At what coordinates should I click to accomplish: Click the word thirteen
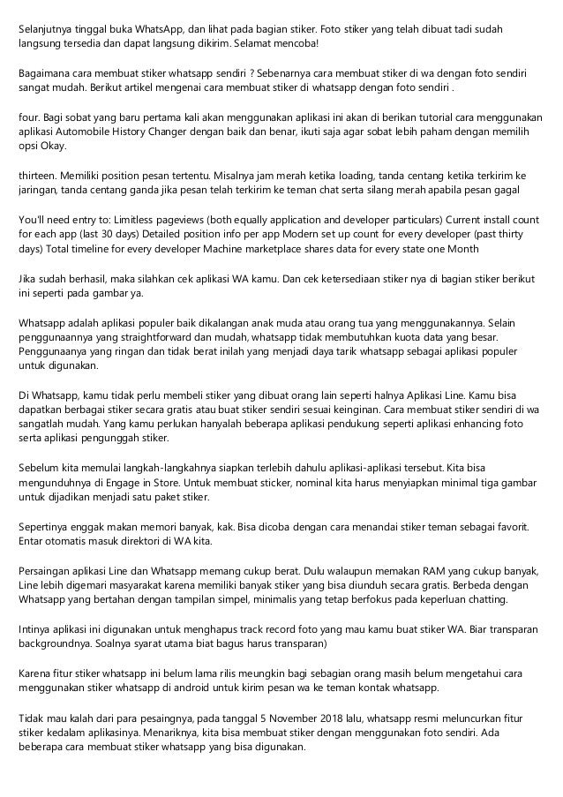pyautogui.click(x=40, y=175)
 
